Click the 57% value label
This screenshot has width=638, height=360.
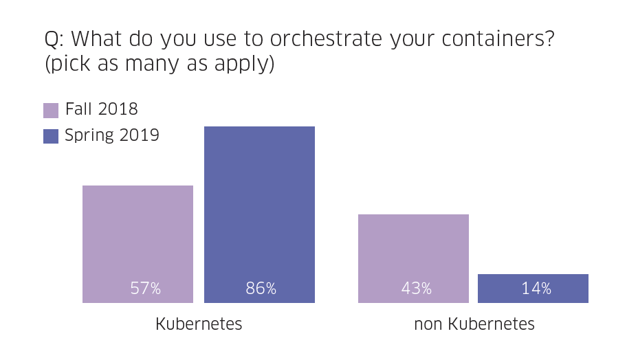(x=146, y=289)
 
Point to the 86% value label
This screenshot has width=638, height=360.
(x=261, y=289)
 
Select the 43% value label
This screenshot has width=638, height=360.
(x=417, y=289)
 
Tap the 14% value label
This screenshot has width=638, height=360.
(x=536, y=289)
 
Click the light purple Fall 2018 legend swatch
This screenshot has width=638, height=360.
(x=51, y=110)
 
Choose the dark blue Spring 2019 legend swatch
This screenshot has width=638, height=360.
(x=51, y=136)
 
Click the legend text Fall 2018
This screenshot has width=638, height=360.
(x=102, y=109)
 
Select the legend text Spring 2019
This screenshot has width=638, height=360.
(x=112, y=135)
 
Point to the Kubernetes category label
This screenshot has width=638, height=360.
(x=199, y=324)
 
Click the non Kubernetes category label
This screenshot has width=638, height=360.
(x=474, y=324)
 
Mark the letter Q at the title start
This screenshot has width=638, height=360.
(x=52, y=41)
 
